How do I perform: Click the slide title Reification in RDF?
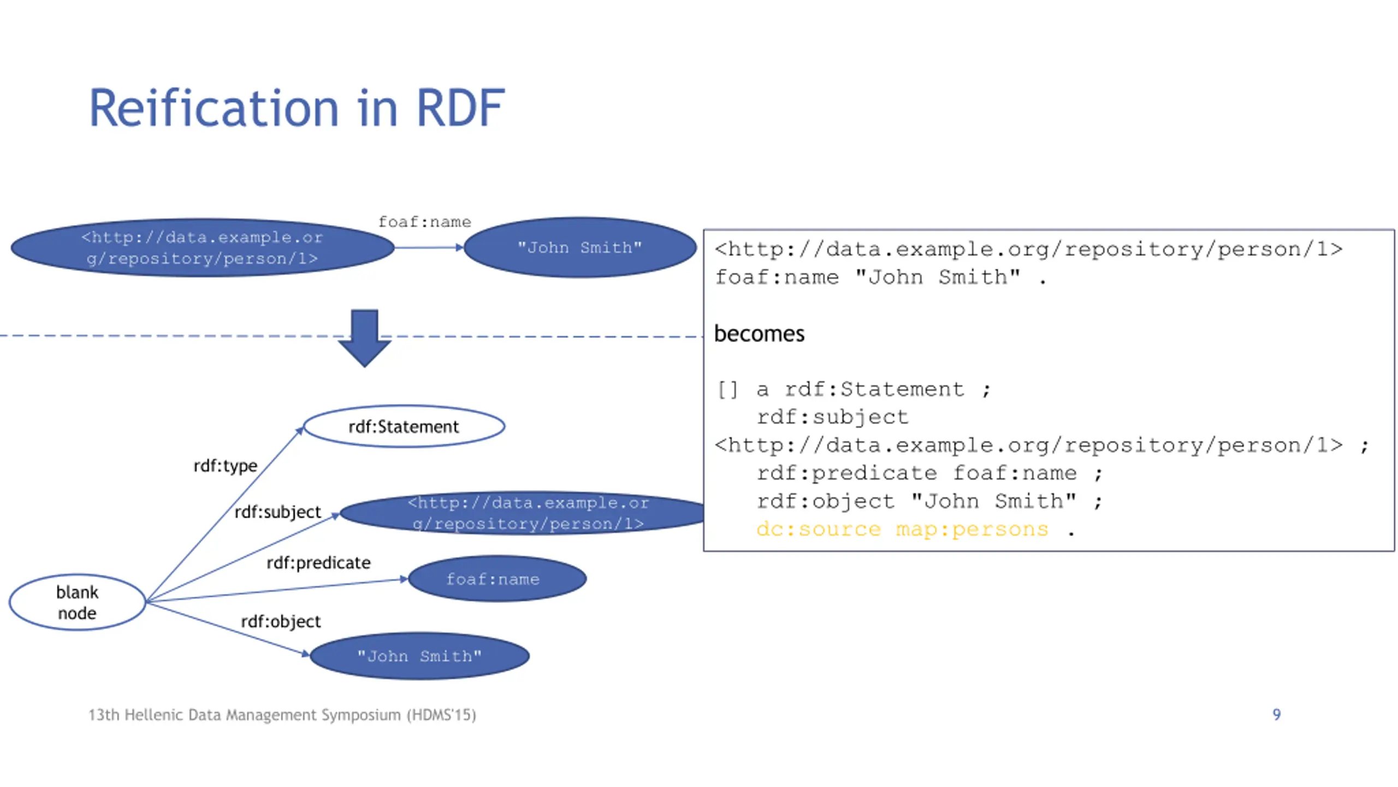point(297,108)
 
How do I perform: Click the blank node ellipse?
point(78,602)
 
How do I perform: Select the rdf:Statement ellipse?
point(404,426)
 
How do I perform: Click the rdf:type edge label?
point(225,466)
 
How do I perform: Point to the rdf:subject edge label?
point(277,512)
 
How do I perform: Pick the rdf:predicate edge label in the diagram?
point(318,563)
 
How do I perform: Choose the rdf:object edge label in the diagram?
point(281,621)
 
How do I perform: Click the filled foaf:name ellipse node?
point(497,579)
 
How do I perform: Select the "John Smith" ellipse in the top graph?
point(579,248)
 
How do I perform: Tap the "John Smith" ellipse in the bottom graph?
point(419,656)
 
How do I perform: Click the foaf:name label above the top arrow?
point(424,222)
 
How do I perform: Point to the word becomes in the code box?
point(759,333)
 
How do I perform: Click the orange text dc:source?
point(819,529)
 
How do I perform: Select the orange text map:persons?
point(972,529)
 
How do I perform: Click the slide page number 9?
point(1276,714)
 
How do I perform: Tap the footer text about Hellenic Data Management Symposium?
point(282,715)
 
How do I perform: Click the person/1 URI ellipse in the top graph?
point(203,248)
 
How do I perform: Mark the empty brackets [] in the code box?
point(727,390)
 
